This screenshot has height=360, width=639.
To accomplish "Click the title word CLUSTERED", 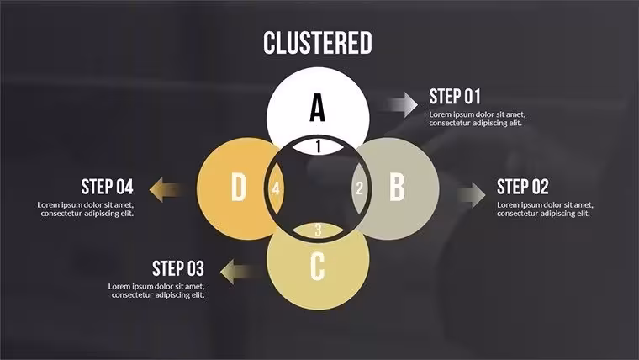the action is (x=318, y=43).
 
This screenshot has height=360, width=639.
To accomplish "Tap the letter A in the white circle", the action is (x=318, y=107).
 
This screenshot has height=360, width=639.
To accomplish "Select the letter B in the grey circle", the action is (x=397, y=187).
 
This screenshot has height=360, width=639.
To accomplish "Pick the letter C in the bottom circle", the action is (x=318, y=267).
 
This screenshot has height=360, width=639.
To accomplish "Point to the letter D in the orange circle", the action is (x=239, y=187).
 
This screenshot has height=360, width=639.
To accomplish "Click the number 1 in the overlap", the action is (x=319, y=146).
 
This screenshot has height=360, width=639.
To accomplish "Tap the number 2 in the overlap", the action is (x=360, y=188).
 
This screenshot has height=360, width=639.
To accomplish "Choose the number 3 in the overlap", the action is (x=319, y=230).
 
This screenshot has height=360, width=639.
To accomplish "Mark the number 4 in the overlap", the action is (x=276, y=188).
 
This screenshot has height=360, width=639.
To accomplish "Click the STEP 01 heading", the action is (x=455, y=97).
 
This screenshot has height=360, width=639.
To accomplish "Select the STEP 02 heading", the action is (x=523, y=187).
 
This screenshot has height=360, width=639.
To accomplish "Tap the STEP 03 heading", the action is (x=178, y=268).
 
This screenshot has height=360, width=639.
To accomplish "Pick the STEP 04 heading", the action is (x=107, y=187).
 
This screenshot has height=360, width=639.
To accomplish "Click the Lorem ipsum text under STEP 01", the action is (x=478, y=119).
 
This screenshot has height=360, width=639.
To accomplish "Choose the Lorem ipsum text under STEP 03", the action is (x=156, y=291).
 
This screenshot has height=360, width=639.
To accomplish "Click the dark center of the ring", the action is (x=318, y=188).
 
